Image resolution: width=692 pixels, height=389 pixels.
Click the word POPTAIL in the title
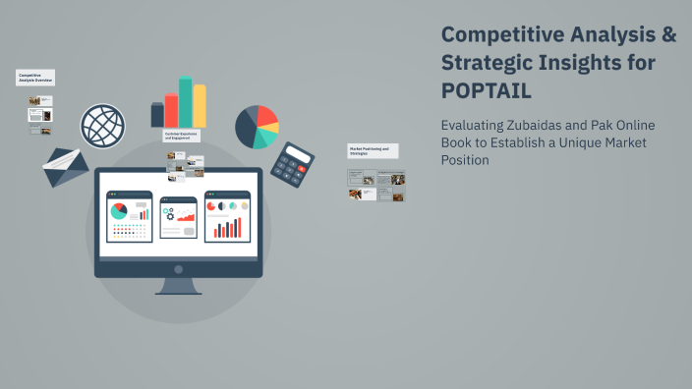click(486, 90)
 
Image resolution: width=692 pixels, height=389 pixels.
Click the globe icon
click(102, 125)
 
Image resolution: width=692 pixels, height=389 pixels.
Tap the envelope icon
click(65, 166)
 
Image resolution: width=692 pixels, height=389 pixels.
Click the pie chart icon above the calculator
click(257, 126)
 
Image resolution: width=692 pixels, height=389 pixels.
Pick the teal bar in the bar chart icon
click(185, 102)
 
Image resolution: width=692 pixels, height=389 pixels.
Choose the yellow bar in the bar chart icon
click(200, 106)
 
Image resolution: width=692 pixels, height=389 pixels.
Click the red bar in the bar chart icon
click(171, 110)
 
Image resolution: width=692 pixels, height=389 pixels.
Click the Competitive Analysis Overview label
click(35, 78)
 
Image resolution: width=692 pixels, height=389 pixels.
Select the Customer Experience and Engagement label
click(182, 136)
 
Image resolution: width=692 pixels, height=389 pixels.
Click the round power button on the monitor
click(178, 268)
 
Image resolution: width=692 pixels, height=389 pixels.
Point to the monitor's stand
click(178, 286)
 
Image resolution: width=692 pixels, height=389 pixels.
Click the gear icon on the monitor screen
click(169, 211)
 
